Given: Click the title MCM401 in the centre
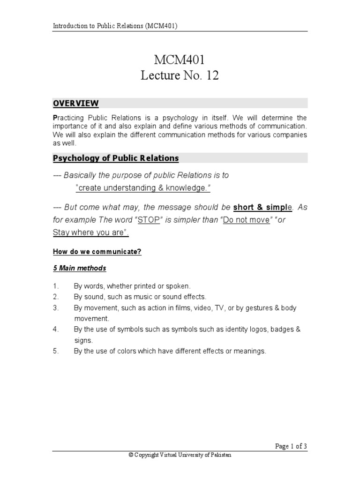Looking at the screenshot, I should tap(180, 60).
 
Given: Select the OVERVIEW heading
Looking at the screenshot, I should tap(75, 103).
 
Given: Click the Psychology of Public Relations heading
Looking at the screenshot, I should tap(116, 158).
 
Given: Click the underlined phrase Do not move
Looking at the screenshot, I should tap(247, 220).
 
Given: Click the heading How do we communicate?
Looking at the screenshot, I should tap(97, 252).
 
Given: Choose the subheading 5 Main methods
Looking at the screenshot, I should tap(79, 268).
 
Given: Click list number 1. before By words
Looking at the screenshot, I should tap(55, 285).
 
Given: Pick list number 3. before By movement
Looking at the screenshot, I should tap(55, 308).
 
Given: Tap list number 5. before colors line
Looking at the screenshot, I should tap(55, 351).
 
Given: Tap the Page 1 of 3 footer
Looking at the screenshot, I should tap(291, 446).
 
